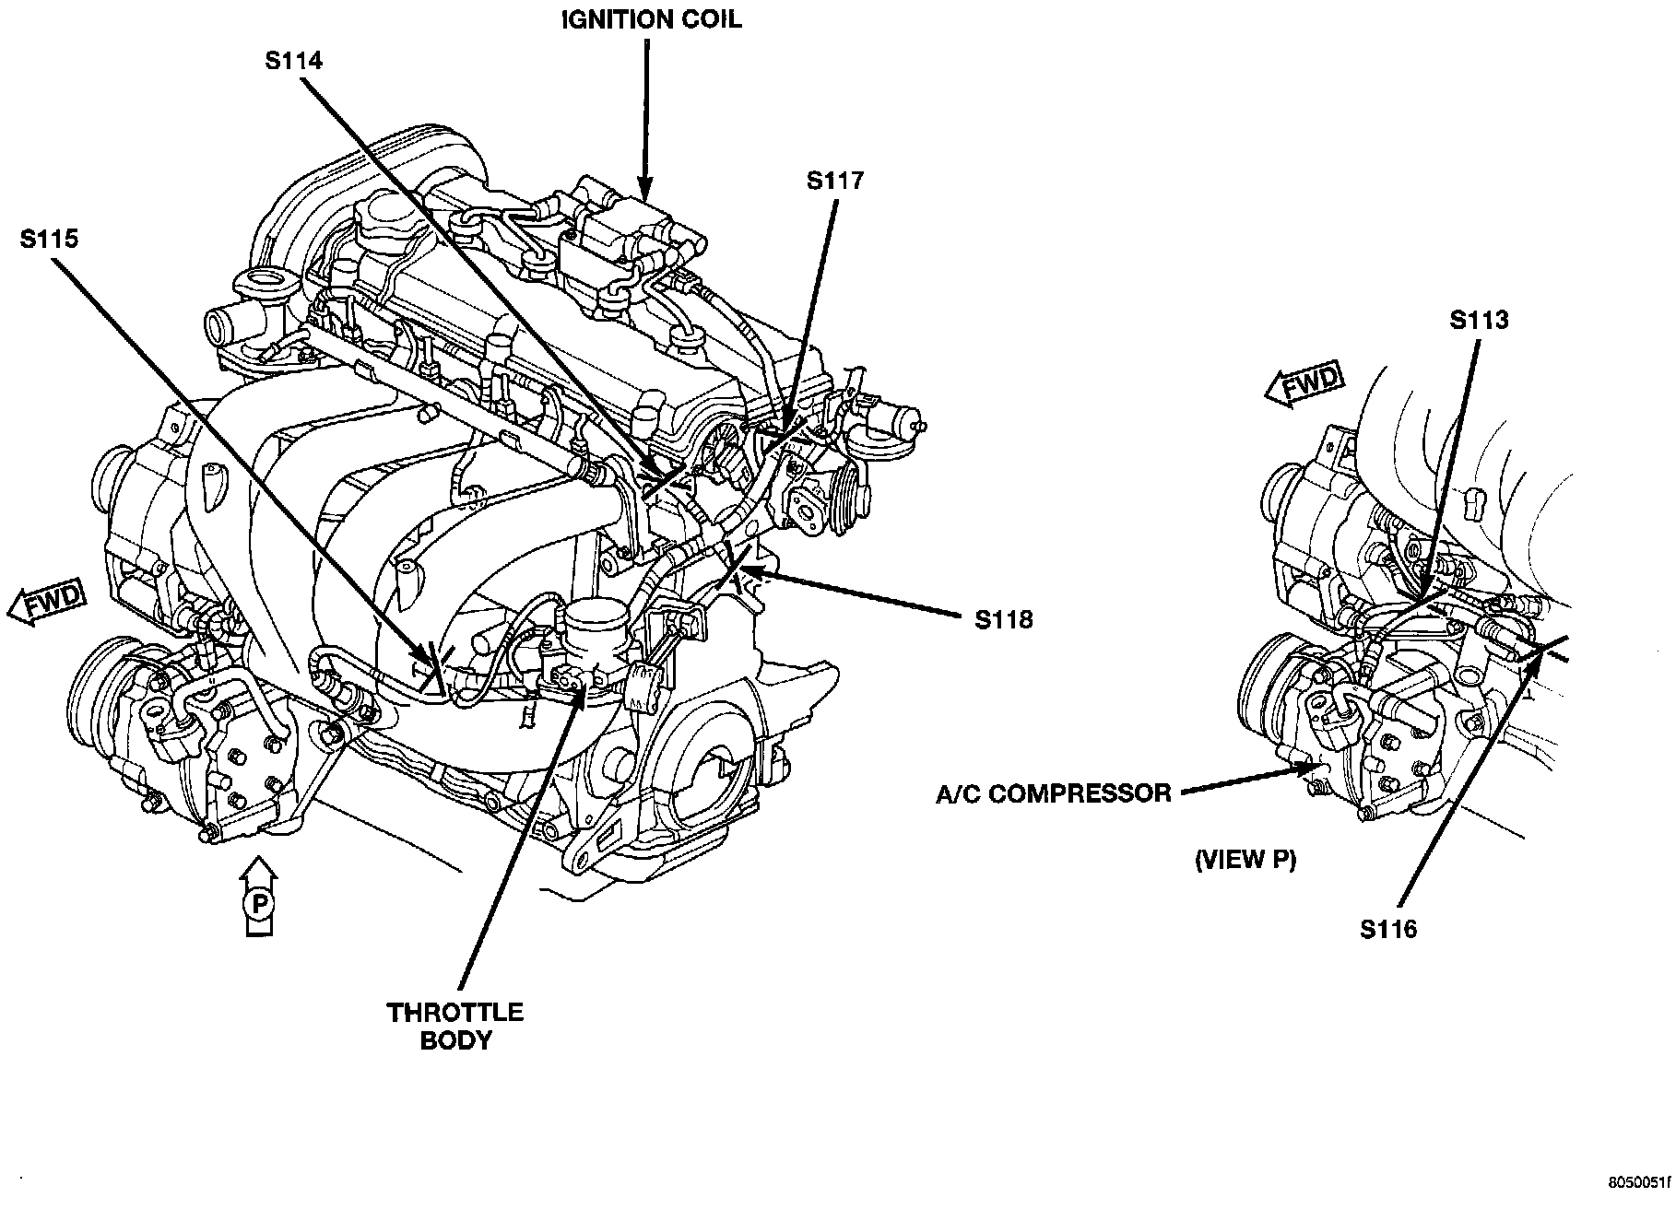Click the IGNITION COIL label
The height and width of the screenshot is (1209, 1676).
652,20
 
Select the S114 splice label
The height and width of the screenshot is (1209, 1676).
293,62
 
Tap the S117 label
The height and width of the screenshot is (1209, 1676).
835,181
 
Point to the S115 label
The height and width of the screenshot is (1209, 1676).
49,240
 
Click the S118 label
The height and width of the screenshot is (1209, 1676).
1004,619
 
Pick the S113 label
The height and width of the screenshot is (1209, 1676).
1479,320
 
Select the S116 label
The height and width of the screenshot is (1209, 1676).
1387,930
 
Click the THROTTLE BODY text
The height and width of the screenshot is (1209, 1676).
455,1027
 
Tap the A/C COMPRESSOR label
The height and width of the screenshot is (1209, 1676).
1053,793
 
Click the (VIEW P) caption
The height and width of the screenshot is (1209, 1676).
1245,860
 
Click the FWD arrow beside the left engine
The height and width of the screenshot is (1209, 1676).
46,604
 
